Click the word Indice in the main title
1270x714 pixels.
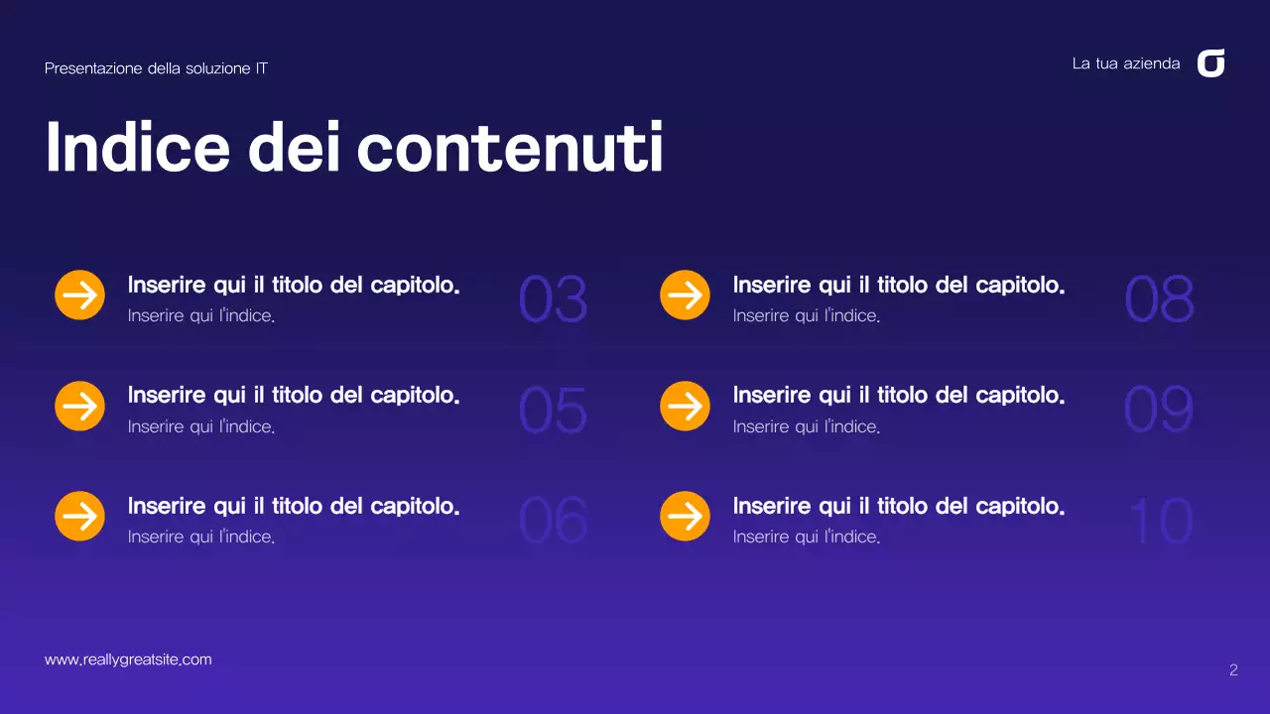coord(137,149)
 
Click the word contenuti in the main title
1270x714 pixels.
coord(509,149)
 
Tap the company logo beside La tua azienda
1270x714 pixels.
coord(1210,63)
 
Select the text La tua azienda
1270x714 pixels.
coord(1126,63)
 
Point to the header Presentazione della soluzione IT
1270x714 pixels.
coord(156,68)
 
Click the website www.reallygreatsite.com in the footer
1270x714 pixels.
coord(128,659)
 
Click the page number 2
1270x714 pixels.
coord(1233,670)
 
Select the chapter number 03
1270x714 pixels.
coord(553,299)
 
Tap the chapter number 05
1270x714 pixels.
coord(553,411)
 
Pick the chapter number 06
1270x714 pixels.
coord(553,521)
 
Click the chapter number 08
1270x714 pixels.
coord(1158,299)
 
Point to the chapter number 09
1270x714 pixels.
coord(1158,411)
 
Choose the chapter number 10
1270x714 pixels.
coord(1160,521)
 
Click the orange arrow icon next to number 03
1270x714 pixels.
coord(79,296)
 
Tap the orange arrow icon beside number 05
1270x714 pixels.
coord(79,406)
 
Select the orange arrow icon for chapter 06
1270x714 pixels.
coord(79,516)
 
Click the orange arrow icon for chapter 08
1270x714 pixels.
coord(685,296)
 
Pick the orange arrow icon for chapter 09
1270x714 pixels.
coord(685,406)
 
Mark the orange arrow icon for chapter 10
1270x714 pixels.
coord(685,516)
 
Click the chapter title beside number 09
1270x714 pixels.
coord(898,396)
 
